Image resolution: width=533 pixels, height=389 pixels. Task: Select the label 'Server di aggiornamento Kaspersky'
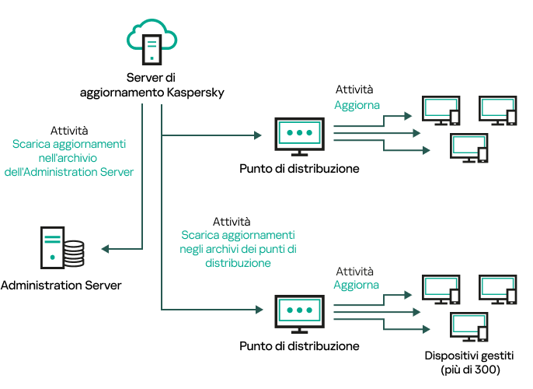coord(152,85)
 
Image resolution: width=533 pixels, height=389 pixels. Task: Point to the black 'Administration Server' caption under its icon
coord(61,286)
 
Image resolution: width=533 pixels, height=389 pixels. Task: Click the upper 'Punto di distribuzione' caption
coord(299,168)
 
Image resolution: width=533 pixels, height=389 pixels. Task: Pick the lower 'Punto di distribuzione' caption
coord(299,345)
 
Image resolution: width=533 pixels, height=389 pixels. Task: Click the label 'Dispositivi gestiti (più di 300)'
coord(469,363)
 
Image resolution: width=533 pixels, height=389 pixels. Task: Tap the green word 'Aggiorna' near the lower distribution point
coord(357,285)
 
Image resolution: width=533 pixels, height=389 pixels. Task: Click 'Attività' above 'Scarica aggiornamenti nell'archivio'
coord(69,131)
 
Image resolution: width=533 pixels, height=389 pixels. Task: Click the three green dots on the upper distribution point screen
coord(299,133)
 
